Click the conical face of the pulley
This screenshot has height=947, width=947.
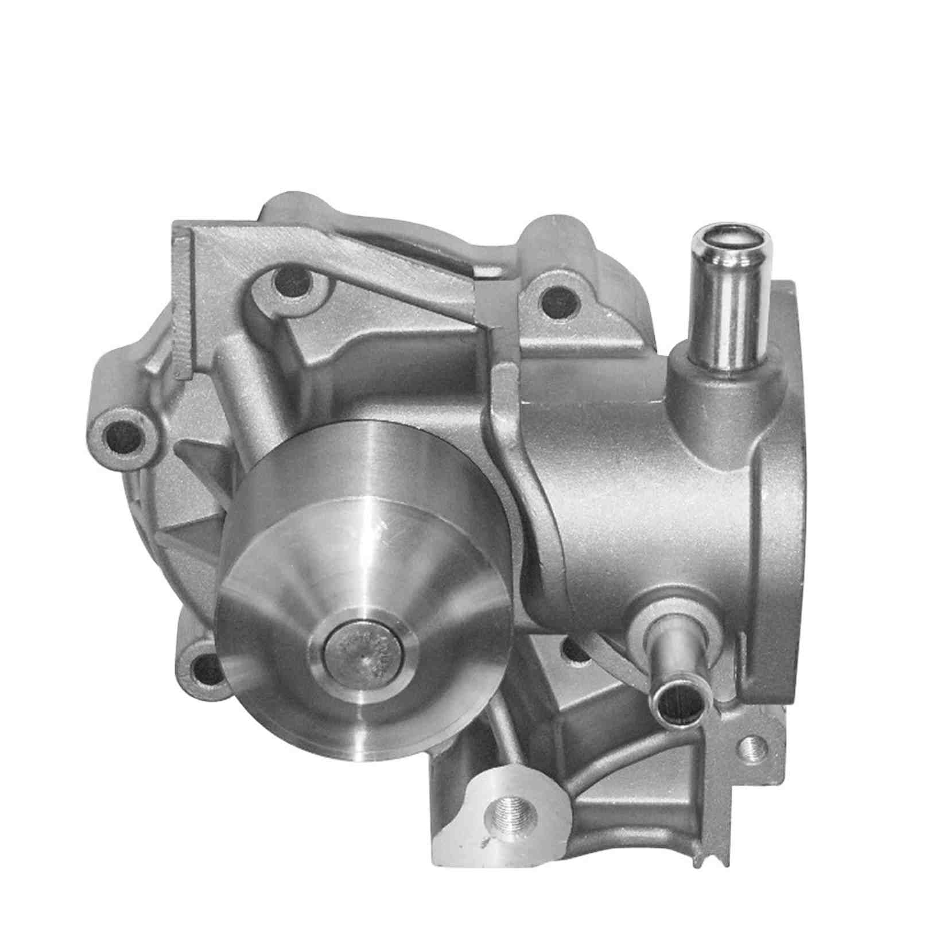[321, 574]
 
